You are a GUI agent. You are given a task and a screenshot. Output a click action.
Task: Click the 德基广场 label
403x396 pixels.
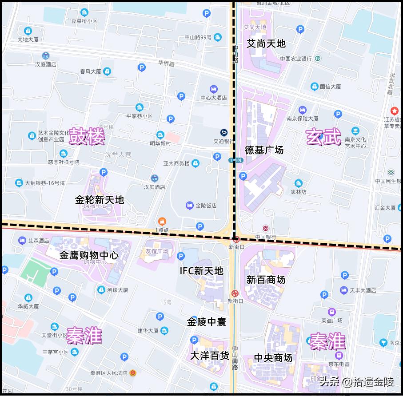point(264,150)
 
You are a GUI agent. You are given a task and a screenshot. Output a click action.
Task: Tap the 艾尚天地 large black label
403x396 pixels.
point(266,44)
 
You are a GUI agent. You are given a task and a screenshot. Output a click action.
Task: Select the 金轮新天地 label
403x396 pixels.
point(100,200)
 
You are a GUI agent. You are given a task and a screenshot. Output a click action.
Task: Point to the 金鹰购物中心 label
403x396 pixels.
point(89,255)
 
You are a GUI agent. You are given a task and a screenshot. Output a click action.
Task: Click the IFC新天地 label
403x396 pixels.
point(201,271)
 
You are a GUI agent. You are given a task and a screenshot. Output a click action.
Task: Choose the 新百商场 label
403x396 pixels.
point(266,280)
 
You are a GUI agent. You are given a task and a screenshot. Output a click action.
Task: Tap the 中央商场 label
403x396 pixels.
point(273,358)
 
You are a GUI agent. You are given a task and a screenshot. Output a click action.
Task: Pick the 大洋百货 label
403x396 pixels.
point(210,356)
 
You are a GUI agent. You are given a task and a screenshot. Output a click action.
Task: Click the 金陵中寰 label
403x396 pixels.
point(207,322)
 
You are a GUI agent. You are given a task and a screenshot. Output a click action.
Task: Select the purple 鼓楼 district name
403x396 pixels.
point(87,138)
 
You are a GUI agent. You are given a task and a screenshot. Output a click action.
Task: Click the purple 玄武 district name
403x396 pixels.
point(323,137)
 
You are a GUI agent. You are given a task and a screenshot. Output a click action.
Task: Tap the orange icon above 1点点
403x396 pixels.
point(162,221)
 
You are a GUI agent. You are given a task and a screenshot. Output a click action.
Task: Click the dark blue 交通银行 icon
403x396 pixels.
point(224,133)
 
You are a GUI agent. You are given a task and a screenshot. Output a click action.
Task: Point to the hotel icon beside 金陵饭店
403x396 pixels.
point(190,206)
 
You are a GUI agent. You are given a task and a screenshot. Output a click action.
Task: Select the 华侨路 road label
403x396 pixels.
point(166,64)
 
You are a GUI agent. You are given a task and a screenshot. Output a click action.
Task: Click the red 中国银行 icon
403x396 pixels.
point(266,229)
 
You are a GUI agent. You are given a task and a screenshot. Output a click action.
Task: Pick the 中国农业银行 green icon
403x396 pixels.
point(318,58)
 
